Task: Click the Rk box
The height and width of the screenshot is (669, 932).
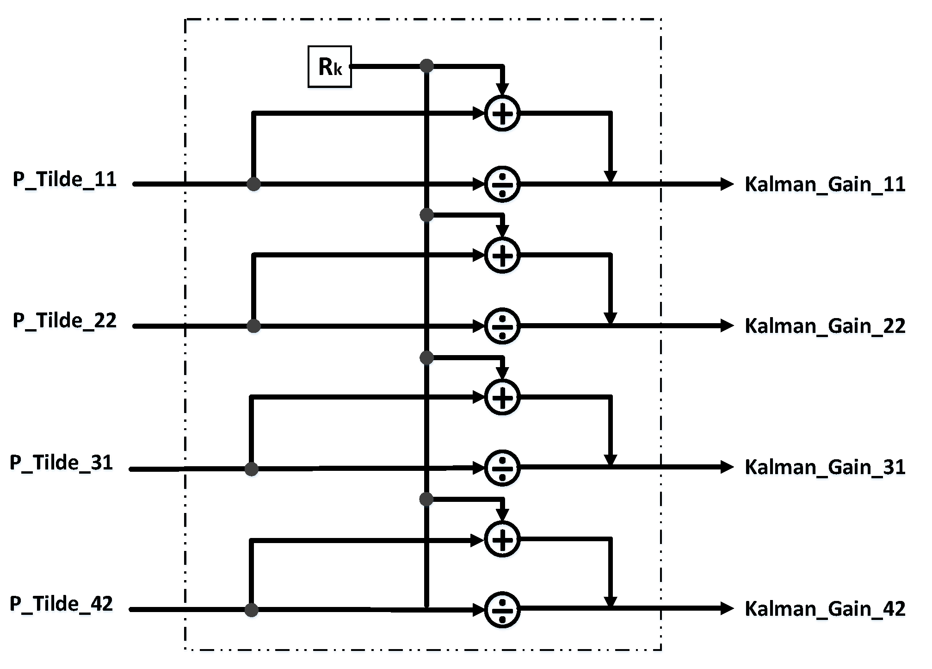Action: tap(329, 67)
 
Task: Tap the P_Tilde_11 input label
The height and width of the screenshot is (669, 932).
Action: tap(65, 179)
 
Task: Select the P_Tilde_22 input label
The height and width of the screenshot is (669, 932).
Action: tap(65, 320)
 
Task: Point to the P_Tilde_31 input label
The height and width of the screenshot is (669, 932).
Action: tap(62, 463)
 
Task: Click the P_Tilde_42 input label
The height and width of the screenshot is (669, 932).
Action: tap(62, 604)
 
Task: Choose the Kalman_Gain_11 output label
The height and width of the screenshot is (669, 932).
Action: tap(825, 184)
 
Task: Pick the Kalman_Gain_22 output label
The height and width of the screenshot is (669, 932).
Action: tap(825, 326)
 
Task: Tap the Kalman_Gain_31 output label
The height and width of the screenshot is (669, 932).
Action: tap(825, 467)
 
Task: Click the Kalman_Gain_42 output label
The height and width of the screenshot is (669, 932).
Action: tap(825, 608)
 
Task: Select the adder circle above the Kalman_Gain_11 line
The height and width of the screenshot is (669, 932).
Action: tap(502, 113)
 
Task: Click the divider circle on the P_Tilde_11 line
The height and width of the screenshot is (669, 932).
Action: tap(502, 184)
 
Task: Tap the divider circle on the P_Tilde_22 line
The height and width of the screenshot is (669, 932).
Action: tap(502, 326)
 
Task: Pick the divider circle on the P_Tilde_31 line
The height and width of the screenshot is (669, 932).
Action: tap(502, 468)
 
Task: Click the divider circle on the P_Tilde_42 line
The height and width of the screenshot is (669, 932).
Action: tap(502, 610)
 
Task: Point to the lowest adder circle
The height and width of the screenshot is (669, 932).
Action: tap(502, 539)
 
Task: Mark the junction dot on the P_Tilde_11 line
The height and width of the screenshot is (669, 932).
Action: tap(253, 184)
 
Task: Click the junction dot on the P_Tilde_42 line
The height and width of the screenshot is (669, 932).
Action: tap(251, 610)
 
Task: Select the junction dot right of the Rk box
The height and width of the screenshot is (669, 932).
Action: tap(426, 66)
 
